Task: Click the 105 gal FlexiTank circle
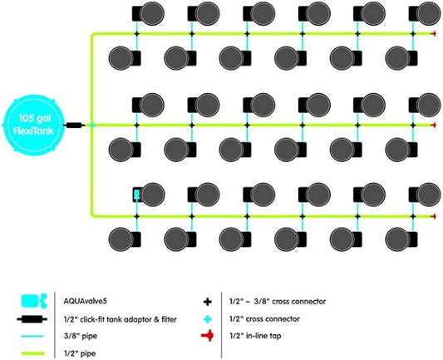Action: [x=33, y=125]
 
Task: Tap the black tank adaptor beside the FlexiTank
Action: [x=74, y=125]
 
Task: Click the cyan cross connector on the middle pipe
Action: [x=92, y=125]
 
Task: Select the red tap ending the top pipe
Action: [x=433, y=34]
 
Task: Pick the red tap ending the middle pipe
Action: [x=433, y=125]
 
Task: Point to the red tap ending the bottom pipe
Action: [x=433, y=216]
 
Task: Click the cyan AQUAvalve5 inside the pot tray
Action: [x=136, y=195]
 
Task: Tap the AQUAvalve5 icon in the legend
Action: [x=34, y=301]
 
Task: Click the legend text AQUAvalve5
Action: [x=85, y=301]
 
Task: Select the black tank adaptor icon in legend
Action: [x=32, y=319]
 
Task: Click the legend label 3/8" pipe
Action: [x=81, y=336]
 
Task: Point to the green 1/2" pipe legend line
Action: [x=33, y=353]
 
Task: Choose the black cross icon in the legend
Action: [x=208, y=302]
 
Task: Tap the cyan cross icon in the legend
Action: [x=208, y=319]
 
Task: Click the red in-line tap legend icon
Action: [x=208, y=336]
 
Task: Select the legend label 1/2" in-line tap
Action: [x=255, y=336]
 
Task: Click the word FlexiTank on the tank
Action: [x=33, y=131]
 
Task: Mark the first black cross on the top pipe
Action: [x=137, y=34]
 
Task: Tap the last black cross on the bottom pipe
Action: [x=413, y=216]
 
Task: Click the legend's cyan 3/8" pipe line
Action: [x=32, y=336]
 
